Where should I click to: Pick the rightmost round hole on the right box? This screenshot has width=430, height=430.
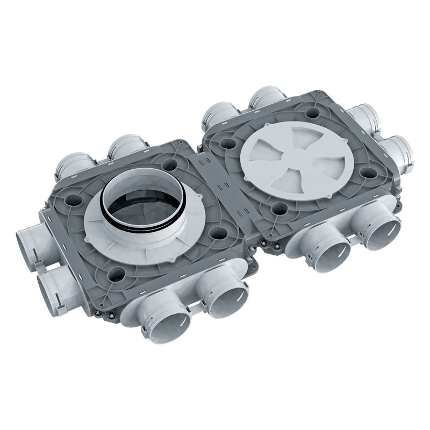point(368,173)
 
